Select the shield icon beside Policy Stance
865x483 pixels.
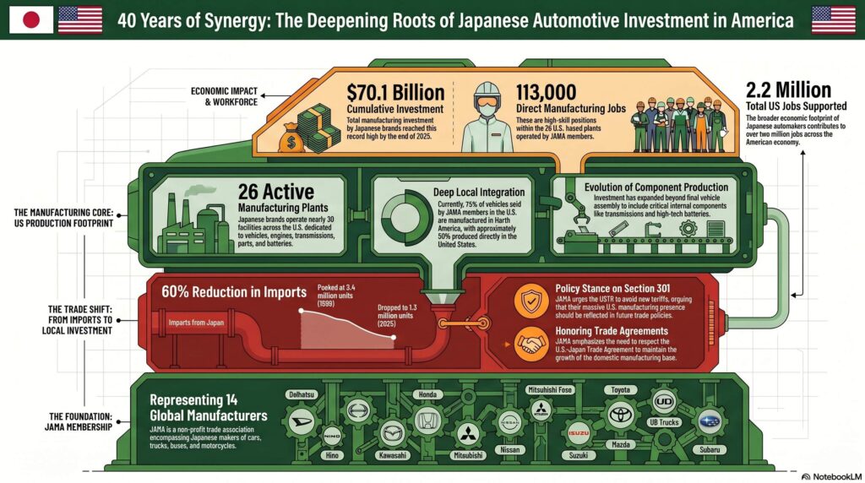tap(531, 298)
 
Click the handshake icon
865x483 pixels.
tap(531, 341)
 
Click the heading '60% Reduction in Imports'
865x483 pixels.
tap(233, 293)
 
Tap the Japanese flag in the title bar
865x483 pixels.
tap(31, 19)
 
